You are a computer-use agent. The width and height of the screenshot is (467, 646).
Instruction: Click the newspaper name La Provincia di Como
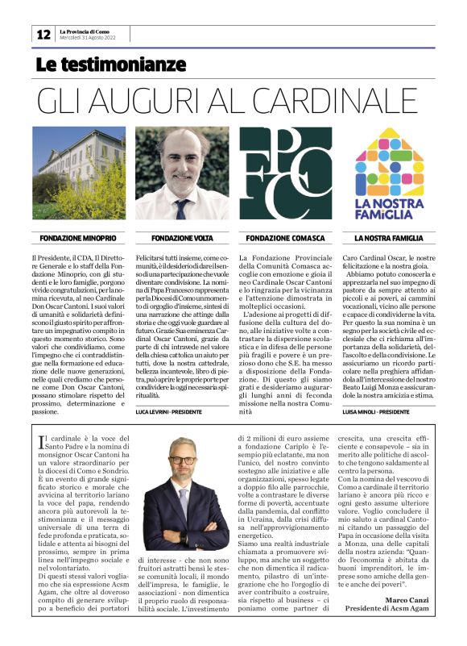87,31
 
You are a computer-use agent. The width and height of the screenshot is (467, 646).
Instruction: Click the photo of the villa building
79,173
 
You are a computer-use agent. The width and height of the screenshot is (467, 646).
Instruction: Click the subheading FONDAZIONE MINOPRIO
78,239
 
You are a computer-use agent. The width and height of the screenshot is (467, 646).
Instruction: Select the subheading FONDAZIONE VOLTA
181,239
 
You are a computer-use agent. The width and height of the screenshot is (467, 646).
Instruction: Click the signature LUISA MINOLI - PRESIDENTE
378,411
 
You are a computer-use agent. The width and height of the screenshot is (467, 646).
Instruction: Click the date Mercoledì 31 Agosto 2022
93,38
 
